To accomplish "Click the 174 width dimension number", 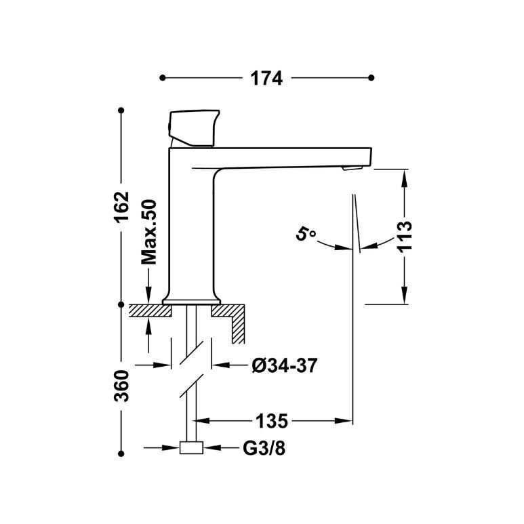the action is (x=266, y=79).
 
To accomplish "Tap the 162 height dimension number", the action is (x=121, y=207).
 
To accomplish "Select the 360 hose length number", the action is (x=121, y=386).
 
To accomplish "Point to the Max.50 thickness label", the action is (x=149, y=233).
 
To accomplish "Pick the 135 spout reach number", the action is (x=271, y=421).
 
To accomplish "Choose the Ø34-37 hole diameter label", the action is (x=285, y=365).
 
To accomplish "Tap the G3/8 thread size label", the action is (x=264, y=448).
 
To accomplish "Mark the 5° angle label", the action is (x=305, y=233).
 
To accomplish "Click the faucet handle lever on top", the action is (x=194, y=128).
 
